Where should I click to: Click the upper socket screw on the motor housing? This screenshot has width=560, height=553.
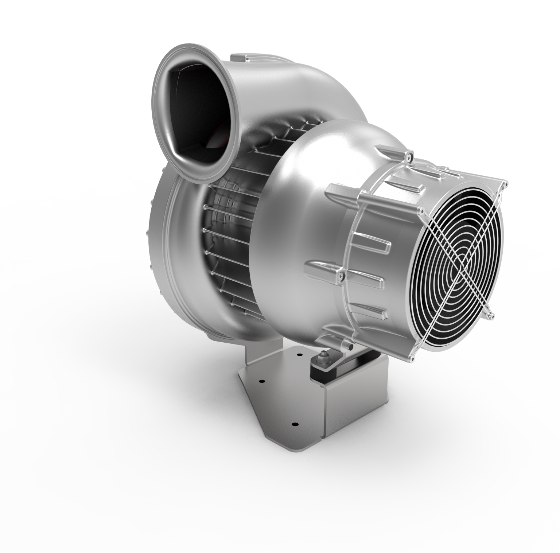click(x=408, y=157)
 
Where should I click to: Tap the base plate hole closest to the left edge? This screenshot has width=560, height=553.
click(x=261, y=382)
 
